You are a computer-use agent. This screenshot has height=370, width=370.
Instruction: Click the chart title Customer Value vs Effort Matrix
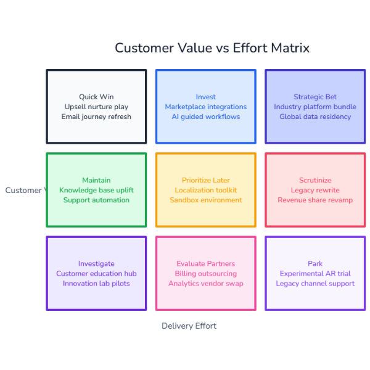click(212, 48)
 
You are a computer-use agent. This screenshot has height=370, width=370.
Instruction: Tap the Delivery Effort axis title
click(189, 326)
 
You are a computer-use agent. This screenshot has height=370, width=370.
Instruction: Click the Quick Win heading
click(96, 97)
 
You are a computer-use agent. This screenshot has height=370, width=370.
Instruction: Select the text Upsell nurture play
click(96, 107)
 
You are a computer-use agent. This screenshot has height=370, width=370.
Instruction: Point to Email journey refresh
click(96, 117)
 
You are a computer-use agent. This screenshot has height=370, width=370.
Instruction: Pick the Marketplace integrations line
click(205, 107)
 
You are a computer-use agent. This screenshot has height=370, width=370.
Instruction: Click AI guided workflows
click(205, 117)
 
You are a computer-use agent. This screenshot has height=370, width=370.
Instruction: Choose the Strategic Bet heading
click(315, 97)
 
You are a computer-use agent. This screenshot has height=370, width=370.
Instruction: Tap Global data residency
click(315, 117)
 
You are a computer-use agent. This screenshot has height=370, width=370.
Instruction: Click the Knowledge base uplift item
click(96, 190)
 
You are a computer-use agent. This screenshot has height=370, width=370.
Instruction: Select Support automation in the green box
click(96, 200)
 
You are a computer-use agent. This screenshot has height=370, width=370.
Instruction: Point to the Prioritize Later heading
click(205, 180)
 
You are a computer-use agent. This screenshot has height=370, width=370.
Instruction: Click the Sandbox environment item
click(205, 200)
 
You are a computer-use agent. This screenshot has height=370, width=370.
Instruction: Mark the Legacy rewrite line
click(315, 190)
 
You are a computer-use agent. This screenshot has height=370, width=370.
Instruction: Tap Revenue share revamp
click(315, 200)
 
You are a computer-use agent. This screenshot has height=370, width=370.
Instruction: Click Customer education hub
click(96, 273)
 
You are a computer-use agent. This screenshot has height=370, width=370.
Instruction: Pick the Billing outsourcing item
click(205, 273)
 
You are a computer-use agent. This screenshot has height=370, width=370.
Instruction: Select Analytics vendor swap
click(205, 283)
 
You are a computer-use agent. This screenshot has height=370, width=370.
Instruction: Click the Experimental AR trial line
click(315, 273)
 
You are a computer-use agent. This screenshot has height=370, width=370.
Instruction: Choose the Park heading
click(315, 263)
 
